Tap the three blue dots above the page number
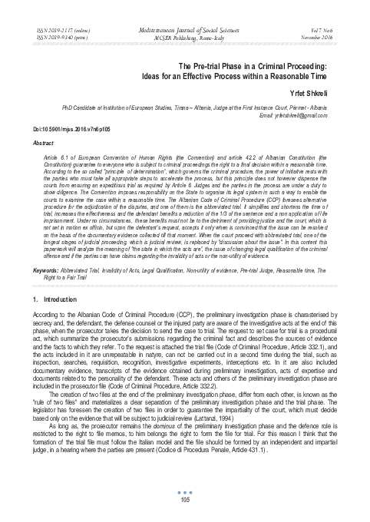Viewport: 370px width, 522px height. click(x=185, y=491)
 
